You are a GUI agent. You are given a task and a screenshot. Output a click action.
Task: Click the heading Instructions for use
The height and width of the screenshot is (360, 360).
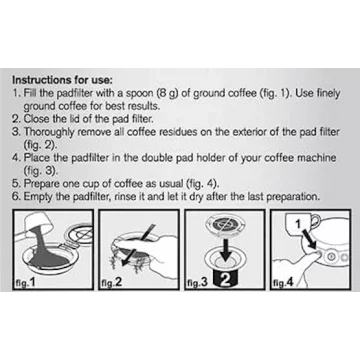click(x=63, y=80)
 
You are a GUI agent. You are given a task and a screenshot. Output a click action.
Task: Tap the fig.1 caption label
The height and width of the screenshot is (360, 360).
click(x=25, y=283)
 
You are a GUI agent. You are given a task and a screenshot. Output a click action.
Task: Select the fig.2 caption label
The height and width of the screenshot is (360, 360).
click(x=111, y=283)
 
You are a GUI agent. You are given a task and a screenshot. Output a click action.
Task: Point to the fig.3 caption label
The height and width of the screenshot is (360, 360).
click(x=197, y=283)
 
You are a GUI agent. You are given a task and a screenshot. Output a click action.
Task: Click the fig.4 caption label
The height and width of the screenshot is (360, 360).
click(x=283, y=283)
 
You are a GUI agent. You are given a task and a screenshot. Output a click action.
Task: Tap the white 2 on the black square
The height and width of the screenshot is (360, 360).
click(x=226, y=281)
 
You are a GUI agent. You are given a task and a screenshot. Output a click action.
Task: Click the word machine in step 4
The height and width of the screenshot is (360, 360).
click(x=315, y=158)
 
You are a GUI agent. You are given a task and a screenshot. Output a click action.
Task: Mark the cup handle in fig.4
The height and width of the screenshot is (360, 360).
click(x=317, y=221)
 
